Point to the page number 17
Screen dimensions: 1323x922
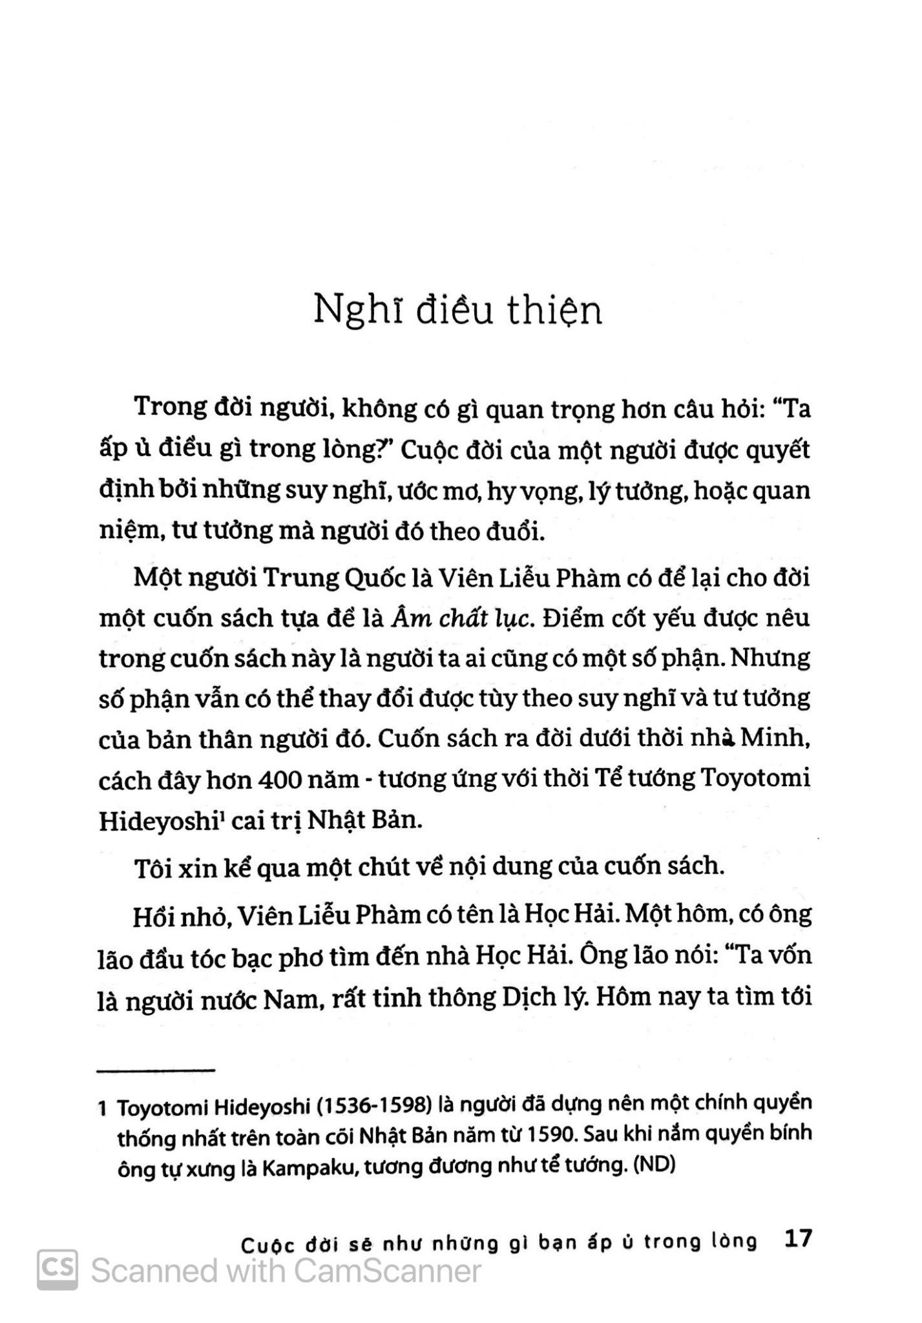[796, 1238]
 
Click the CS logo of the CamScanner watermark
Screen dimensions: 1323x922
[58, 1271]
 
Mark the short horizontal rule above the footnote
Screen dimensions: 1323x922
[156, 1071]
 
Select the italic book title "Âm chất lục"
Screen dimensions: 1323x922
[462, 619]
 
